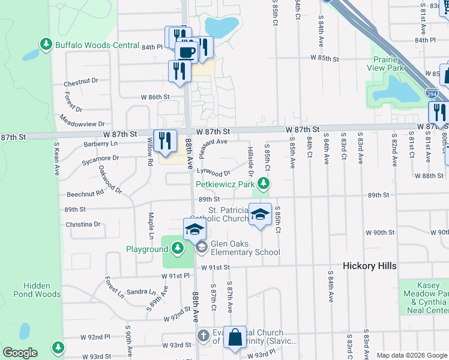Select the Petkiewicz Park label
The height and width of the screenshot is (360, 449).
click(225, 184)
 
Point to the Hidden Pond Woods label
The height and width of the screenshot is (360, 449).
click(42, 290)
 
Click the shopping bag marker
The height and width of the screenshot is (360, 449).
click(235, 338)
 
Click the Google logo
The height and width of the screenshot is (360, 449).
click(19, 353)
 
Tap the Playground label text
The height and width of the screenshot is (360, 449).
click(147, 249)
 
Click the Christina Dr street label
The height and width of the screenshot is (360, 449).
click(84, 224)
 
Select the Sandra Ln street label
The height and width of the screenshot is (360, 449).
click(141, 292)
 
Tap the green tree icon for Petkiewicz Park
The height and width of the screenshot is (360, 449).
click(262, 184)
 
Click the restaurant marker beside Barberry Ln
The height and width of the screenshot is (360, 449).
click(164, 141)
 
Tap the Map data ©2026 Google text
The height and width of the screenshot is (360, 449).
click(412, 355)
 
